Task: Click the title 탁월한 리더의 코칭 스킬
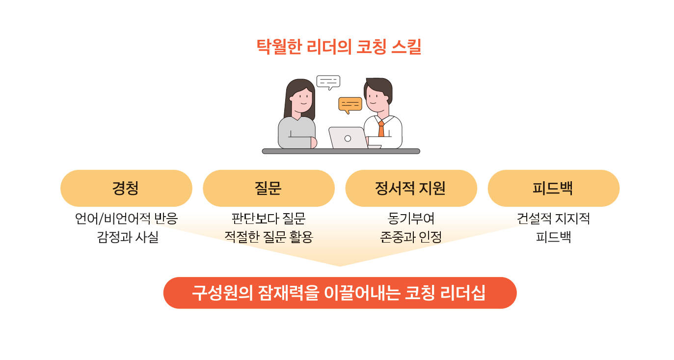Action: pos(339,47)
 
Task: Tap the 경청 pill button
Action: pos(126,188)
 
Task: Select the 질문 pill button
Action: pos(269,188)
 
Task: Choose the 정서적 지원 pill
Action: pos(411,188)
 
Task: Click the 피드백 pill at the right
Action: pos(553,188)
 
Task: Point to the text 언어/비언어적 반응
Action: pos(126,218)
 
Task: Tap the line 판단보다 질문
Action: pos(269,218)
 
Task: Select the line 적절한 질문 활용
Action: pos(269,237)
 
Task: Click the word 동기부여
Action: pos(411,218)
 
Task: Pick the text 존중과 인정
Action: pos(411,237)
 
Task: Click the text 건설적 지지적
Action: pos(553,218)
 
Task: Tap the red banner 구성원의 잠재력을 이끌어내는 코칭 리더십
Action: pos(340,293)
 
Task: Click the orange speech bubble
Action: pos(350,104)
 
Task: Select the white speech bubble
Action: pos(328,82)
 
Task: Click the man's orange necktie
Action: pos(381,129)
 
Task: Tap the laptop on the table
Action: pos(347,138)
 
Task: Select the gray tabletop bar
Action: pos(341,151)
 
